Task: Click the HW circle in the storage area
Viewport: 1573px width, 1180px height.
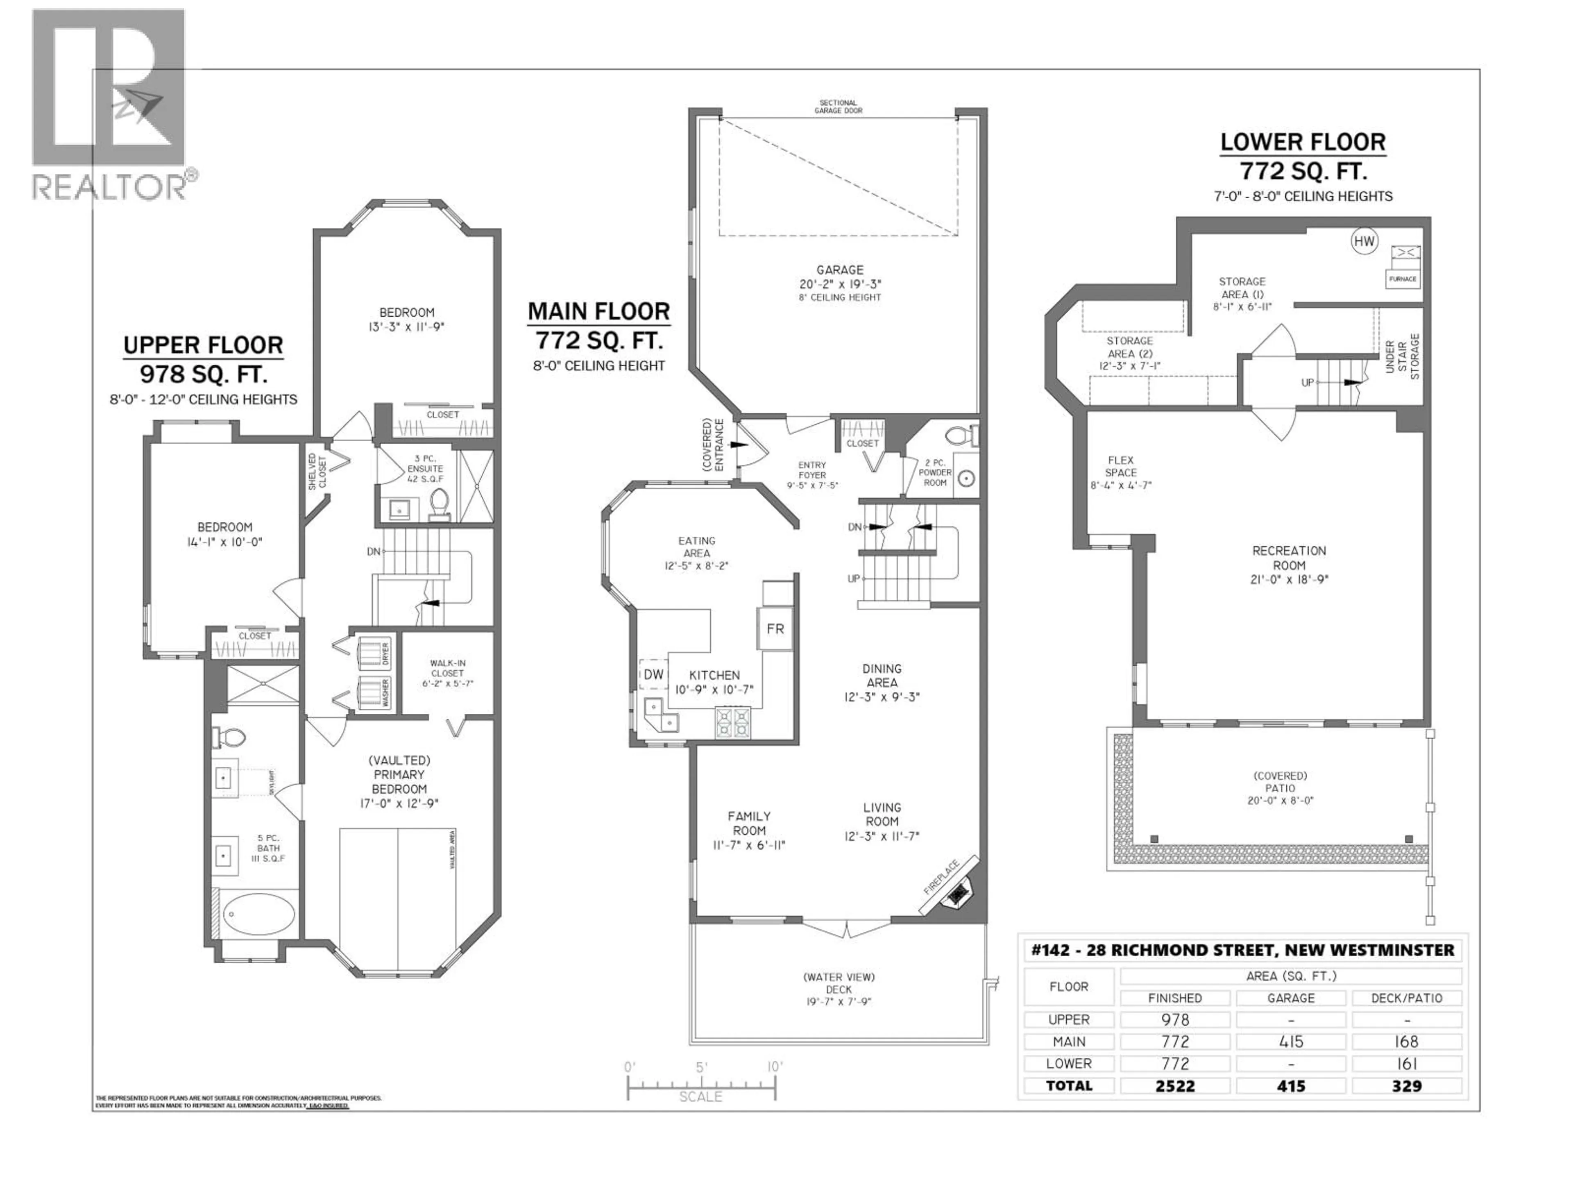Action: [x=1363, y=241]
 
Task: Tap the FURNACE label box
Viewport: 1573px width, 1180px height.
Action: [x=1402, y=279]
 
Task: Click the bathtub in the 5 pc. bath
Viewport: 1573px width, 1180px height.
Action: [x=259, y=914]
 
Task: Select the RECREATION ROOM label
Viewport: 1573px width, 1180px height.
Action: [x=1289, y=558]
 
